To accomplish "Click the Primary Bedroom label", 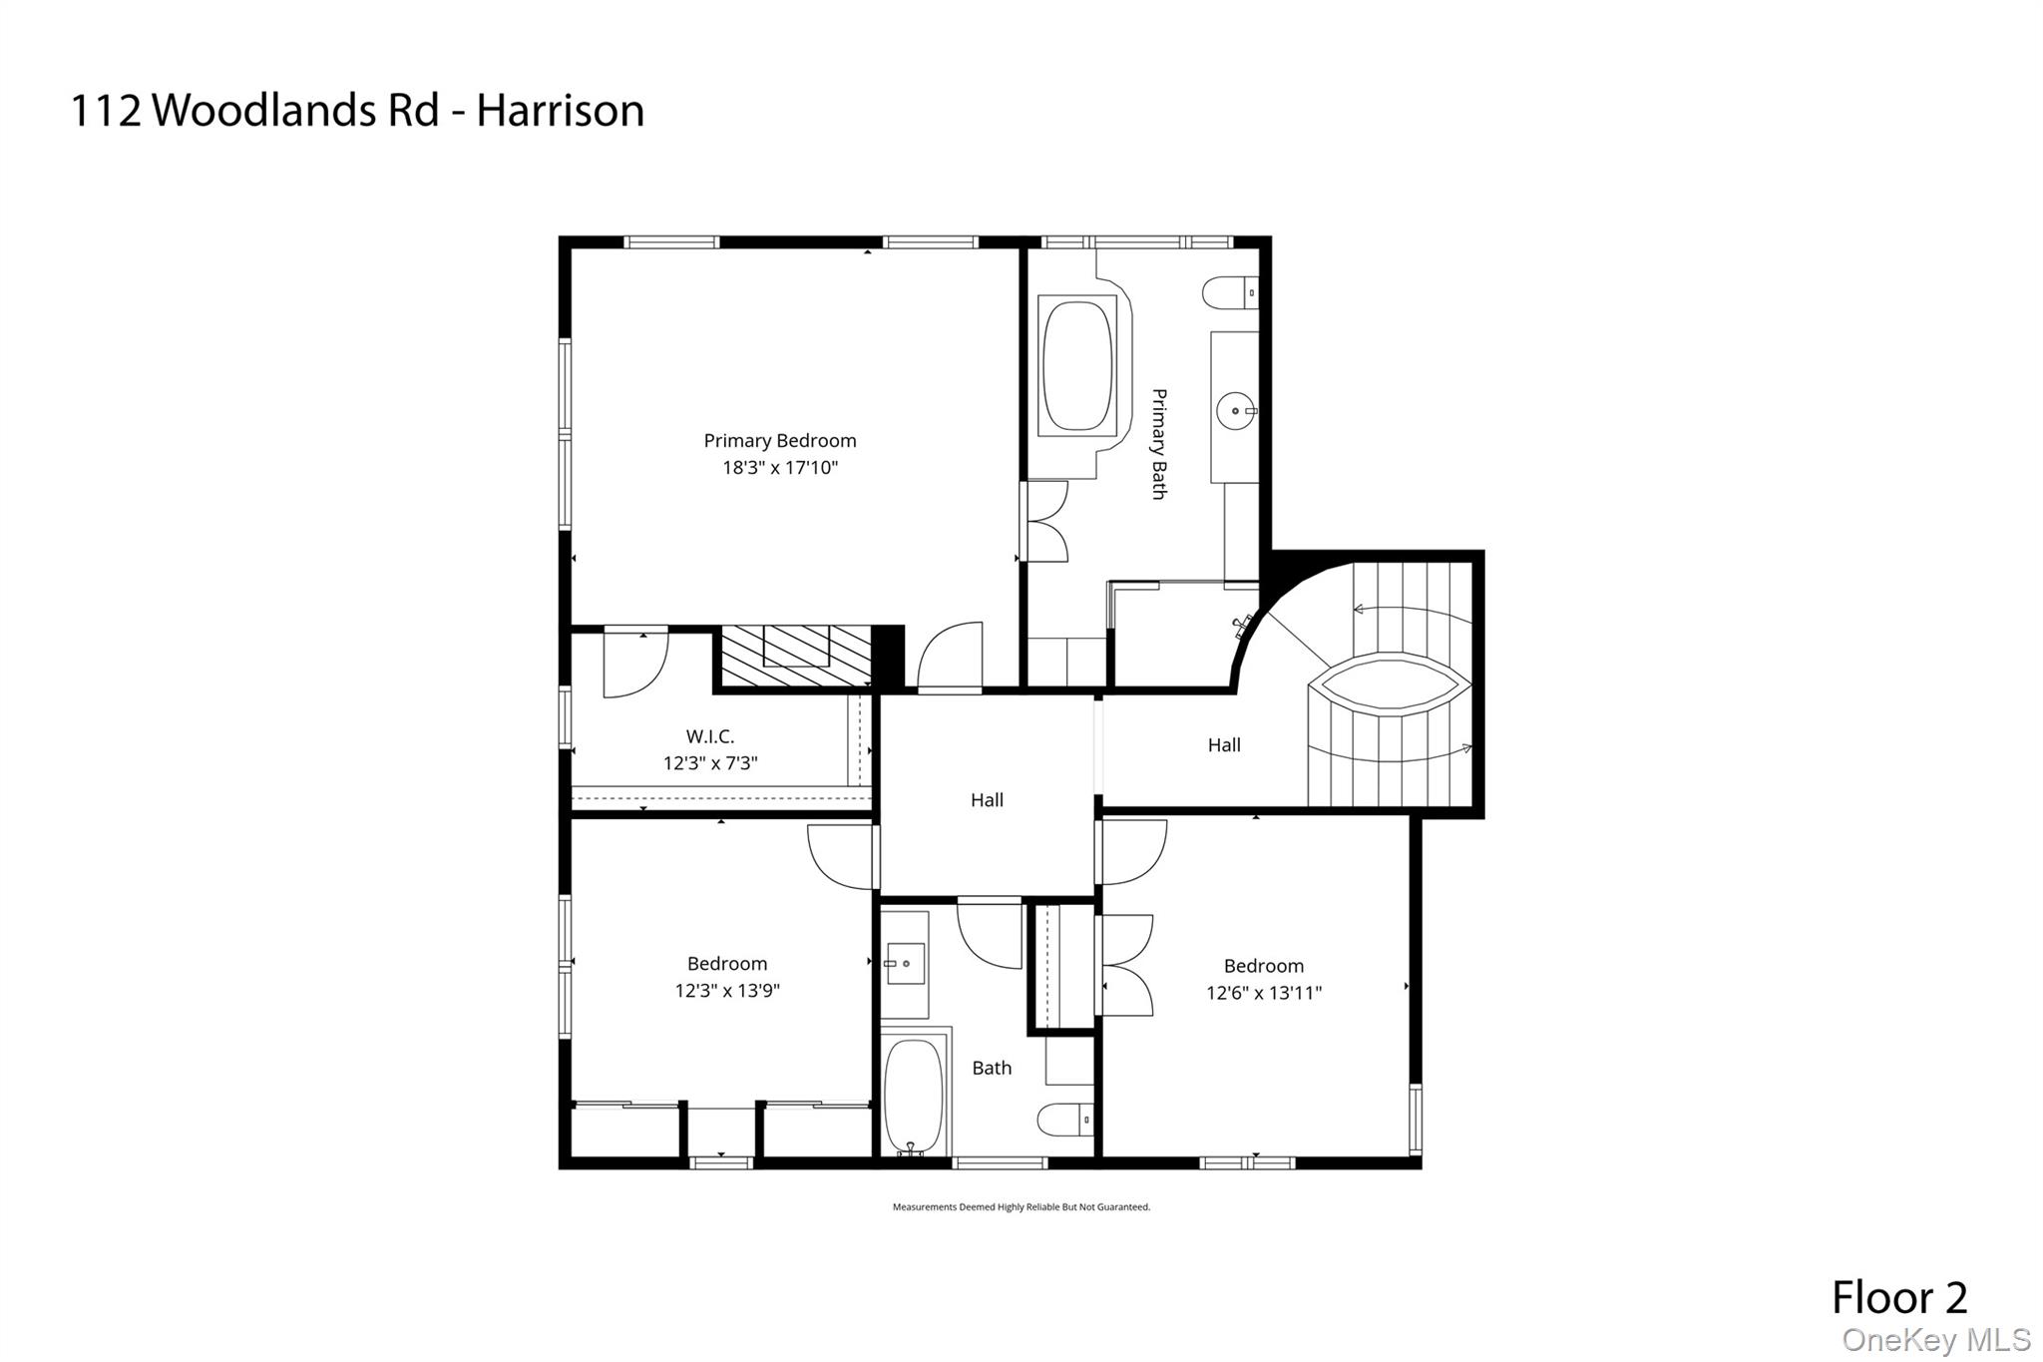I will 779,441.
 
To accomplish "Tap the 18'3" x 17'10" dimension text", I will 779,468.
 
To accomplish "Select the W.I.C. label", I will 710,737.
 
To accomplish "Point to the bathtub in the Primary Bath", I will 1076,365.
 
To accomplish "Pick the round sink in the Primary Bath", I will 1236,410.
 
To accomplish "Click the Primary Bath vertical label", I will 1159,444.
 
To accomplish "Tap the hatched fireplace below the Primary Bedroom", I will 796,656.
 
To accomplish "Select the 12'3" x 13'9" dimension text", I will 727,991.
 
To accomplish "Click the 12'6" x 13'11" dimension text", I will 1263,993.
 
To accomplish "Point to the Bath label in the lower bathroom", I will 992,1068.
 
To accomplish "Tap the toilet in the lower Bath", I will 1064,1120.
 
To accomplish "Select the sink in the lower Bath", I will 904,964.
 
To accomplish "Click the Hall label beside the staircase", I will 1224,745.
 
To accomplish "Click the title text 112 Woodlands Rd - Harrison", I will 357,110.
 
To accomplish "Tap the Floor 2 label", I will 1898,1297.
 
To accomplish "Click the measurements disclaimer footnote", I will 1021,1207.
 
